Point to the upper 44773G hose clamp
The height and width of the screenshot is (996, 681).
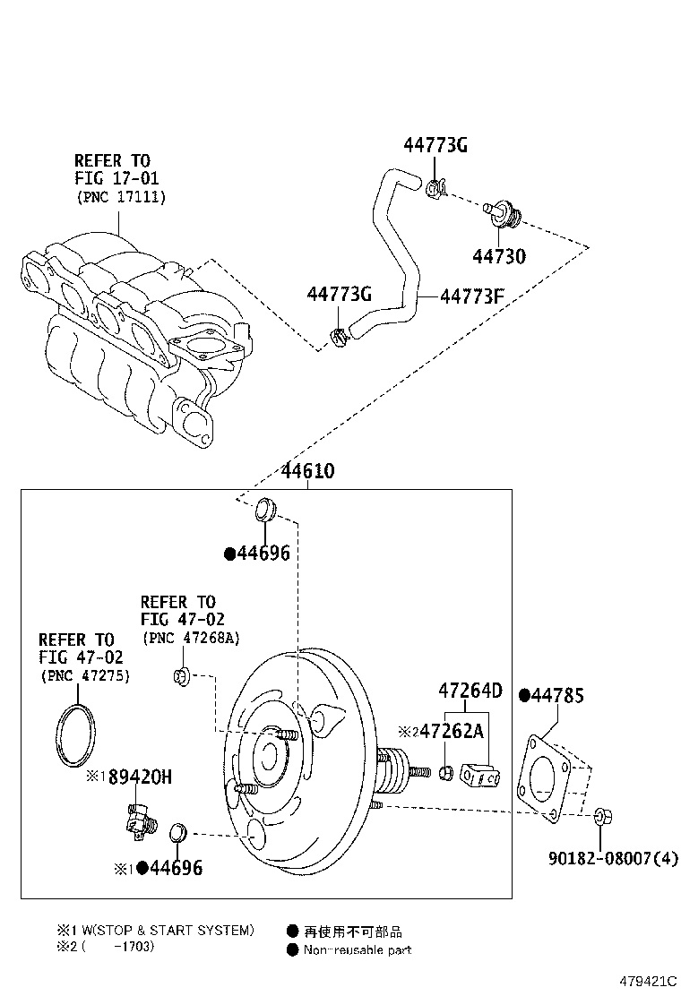tap(435, 188)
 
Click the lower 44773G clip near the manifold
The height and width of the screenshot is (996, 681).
tap(339, 339)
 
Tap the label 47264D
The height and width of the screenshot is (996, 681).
tap(470, 691)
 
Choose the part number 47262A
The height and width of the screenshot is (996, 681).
tap(452, 731)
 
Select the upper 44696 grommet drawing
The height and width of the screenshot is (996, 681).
tap(264, 508)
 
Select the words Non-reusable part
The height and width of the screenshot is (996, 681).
tap(357, 949)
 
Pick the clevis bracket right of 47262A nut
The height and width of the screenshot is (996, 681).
tap(481, 772)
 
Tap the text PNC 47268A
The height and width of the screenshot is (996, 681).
tap(198, 637)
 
